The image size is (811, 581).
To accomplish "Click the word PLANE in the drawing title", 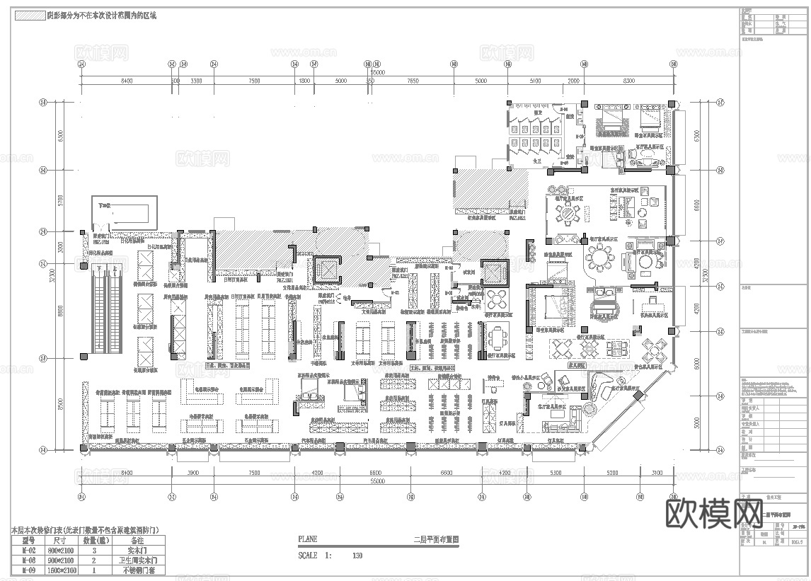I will (308, 539).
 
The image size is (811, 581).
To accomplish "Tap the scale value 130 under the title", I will (357, 556).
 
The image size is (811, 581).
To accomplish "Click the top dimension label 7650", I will (413, 81).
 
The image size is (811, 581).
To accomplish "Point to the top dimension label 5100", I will (535, 81).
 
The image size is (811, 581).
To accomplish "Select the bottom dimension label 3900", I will (192, 472).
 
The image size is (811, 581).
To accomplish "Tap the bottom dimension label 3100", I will (657, 472).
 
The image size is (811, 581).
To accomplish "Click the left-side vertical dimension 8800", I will (62, 311).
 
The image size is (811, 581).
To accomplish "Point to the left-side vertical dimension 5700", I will (62, 200).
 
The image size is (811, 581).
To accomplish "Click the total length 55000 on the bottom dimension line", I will (377, 481).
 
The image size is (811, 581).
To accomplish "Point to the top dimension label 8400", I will (126, 81).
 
